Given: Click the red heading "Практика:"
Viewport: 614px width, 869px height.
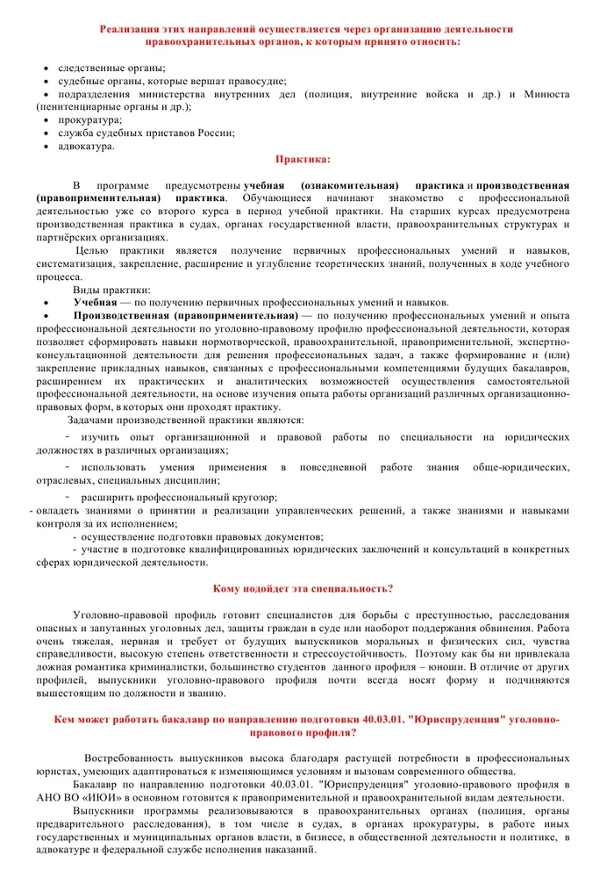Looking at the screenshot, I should [x=303, y=160].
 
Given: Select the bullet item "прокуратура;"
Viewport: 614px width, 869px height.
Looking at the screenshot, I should [x=90, y=119].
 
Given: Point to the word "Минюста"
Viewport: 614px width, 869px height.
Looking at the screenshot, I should [x=546, y=93].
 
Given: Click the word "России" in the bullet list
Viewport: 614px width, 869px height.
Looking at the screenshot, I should [x=214, y=133].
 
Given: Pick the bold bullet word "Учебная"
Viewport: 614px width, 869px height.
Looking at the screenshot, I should [x=95, y=301].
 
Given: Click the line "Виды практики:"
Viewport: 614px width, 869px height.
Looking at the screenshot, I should [x=111, y=289].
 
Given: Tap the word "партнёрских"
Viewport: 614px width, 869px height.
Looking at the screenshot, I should [x=64, y=237].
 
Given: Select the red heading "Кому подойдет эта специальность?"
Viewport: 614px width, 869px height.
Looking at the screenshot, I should [x=303, y=587].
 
